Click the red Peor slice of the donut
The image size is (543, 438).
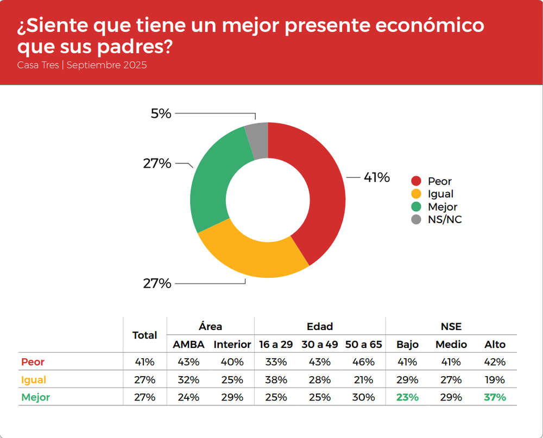click(x=320, y=195)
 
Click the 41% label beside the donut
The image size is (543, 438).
click(x=376, y=177)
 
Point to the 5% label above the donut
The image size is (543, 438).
click(x=161, y=113)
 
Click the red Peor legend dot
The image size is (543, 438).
click(x=416, y=181)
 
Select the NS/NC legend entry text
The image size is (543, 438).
click(x=444, y=219)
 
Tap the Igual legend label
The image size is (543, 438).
click(x=440, y=194)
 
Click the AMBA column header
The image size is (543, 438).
click(x=188, y=344)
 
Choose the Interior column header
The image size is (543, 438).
click(x=232, y=344)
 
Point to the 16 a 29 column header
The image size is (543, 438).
click(x=275, y=344)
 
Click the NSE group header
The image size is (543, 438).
click(x=451, y=327)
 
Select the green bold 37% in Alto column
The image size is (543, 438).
click(x=495, y=397)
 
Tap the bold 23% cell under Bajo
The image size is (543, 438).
click(x=407, y=397)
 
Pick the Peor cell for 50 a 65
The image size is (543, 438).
click(x=363, y=362)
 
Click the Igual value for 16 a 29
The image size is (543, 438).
click(x=275, y=380)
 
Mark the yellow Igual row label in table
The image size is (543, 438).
click(x=34, y=380)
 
